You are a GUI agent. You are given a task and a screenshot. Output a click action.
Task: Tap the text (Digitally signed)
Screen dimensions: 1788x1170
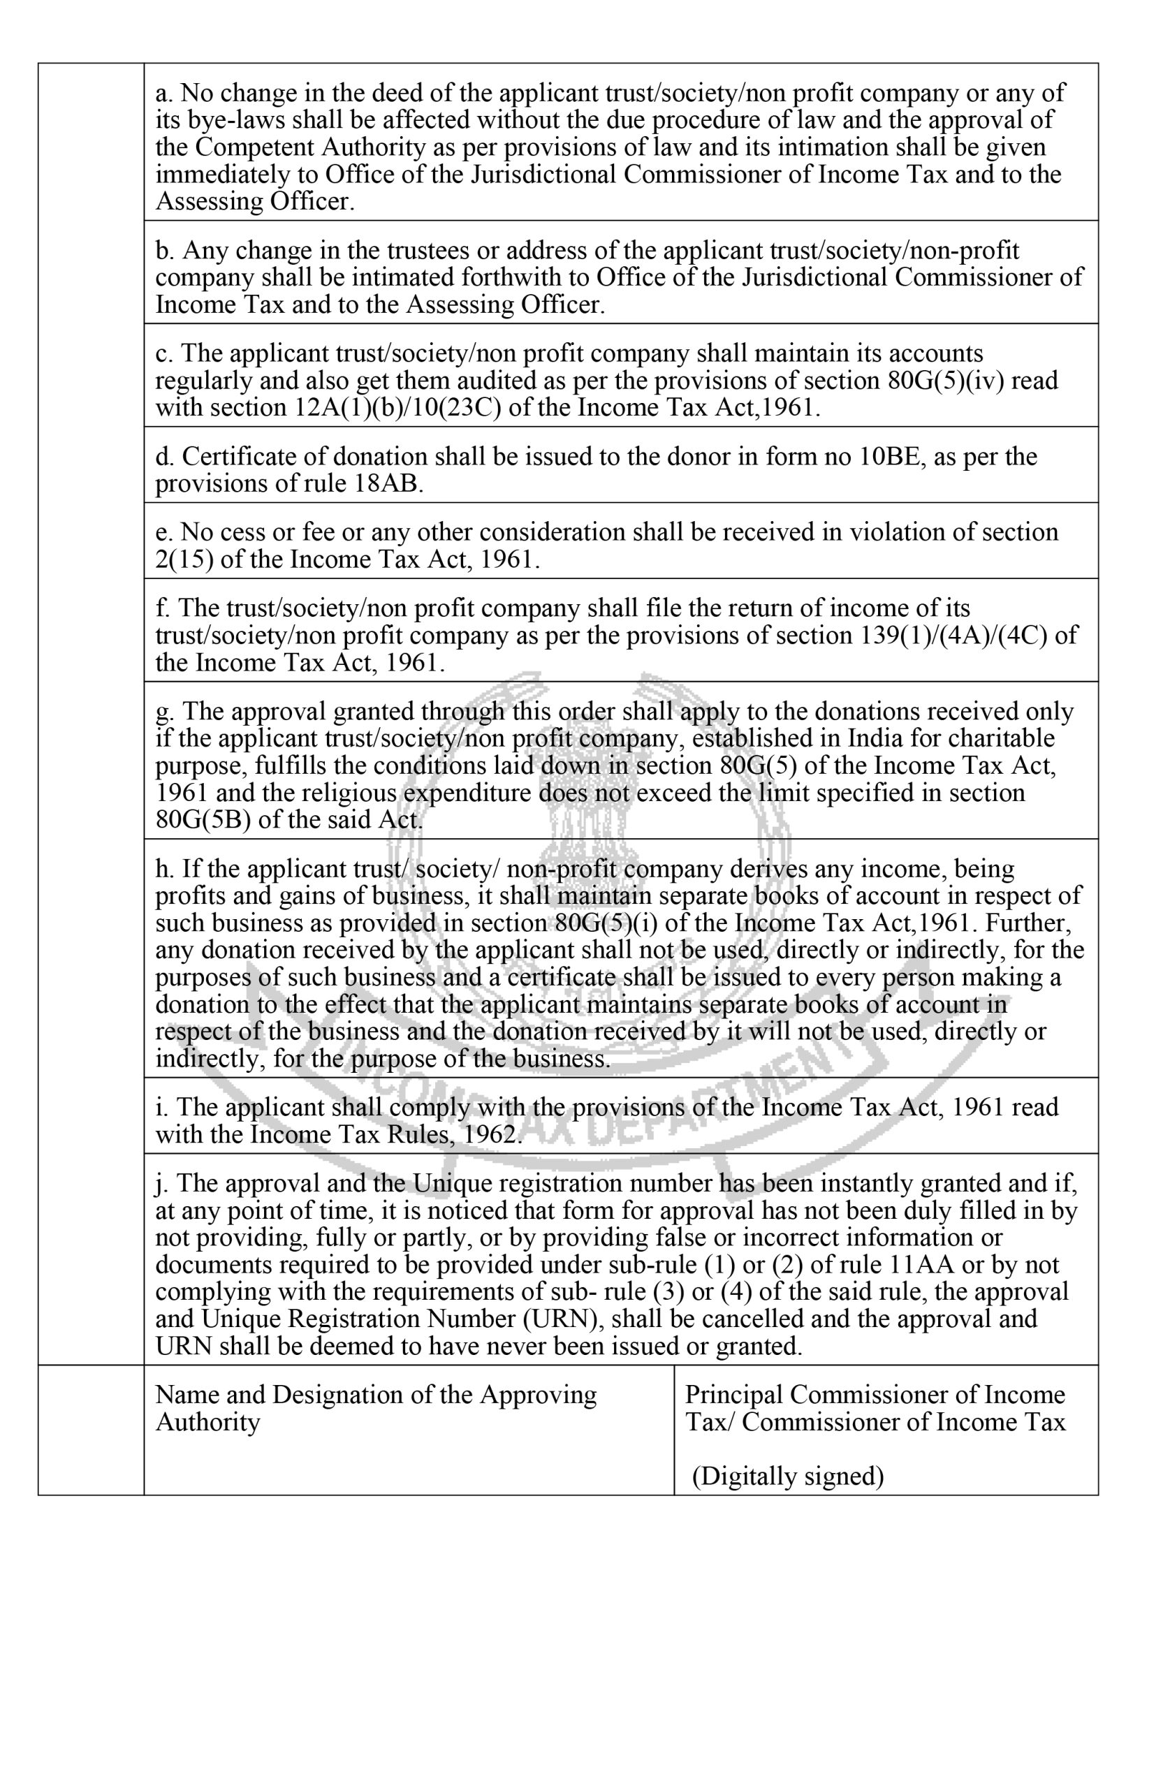pos(787,1476)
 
